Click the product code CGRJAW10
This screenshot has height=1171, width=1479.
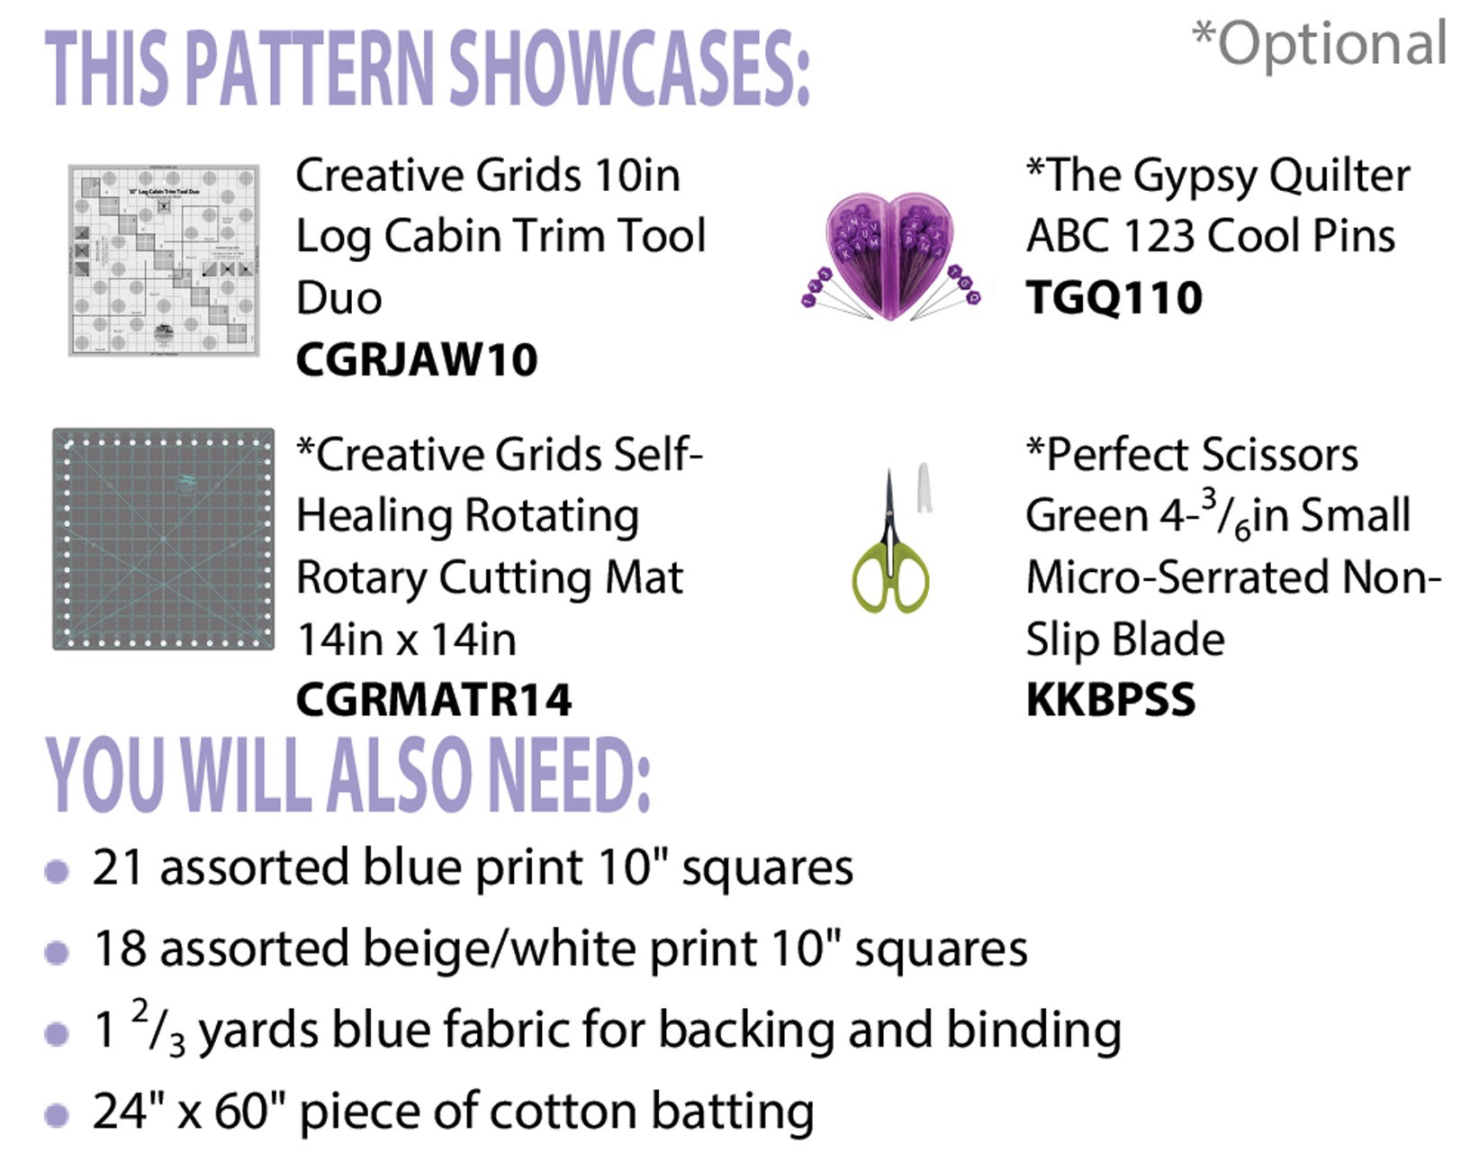click(x=417, y=359)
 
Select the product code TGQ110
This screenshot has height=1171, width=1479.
click(x=1114, y=298)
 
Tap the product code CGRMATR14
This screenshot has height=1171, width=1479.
click(x=434, y=700)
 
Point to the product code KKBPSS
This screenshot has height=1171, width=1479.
click(x=1111, y=700)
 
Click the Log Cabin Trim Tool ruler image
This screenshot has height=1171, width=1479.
click(x=164, y=260)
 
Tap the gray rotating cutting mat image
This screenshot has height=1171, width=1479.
click(x=164, y=539)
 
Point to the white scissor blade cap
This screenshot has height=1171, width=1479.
click(x=924, y=487)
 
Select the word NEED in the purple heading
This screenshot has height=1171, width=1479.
click(x=568, y=776)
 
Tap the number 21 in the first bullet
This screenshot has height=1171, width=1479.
click(x=118, y=867)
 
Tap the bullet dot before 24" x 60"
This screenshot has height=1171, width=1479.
click(x=57, y=1115)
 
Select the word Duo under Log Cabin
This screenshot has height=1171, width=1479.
click(x=338, y=298)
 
